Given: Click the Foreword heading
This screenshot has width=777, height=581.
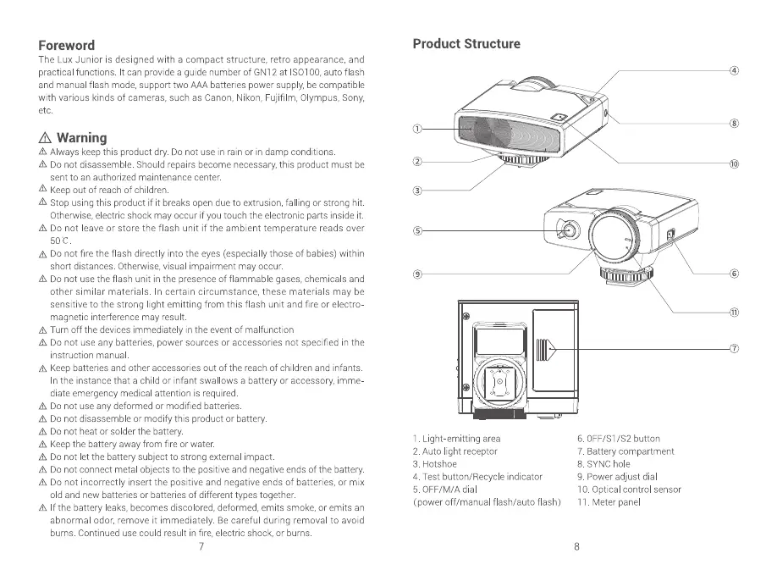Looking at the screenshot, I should (67, 45).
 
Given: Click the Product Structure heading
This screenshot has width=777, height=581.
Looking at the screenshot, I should (466, 44).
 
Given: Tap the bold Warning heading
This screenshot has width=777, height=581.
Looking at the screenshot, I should (81, 137).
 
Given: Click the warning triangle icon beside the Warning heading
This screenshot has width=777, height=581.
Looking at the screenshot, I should (46, 138).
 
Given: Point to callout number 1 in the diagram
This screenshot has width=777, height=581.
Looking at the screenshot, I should (416, 129).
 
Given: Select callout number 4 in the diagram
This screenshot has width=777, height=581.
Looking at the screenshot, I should (735, 70).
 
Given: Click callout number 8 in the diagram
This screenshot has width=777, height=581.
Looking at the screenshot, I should (735, 124).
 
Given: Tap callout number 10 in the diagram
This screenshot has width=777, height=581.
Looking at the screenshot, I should (735, 163).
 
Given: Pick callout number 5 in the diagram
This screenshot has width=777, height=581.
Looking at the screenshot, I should (416, 230).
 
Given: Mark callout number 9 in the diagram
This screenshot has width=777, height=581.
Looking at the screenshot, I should (416, 273).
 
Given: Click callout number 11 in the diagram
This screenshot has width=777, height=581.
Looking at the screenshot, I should (735, 312).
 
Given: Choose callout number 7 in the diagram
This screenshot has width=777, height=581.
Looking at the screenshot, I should (735, 348).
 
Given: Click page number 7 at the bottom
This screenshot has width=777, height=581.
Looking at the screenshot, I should (201, 547).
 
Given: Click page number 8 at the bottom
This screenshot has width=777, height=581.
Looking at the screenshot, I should (577, 547).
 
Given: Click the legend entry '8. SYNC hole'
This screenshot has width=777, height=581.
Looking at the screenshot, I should (603, 464).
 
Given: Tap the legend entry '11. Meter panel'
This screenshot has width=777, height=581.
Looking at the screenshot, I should (610, 502).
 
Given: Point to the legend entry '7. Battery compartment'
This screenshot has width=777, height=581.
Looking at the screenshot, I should (625, 451).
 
